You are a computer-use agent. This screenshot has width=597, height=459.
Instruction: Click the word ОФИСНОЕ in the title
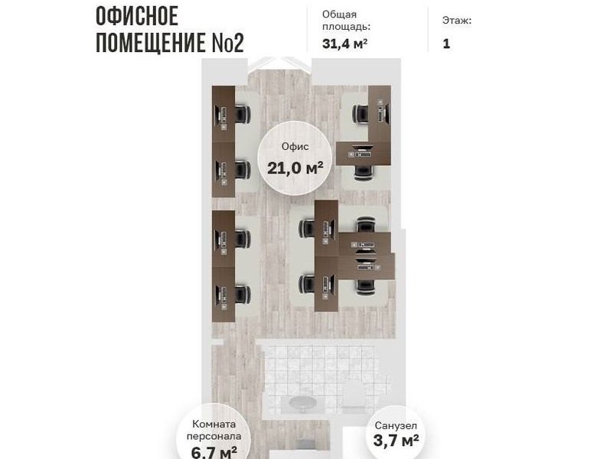(x=137, y=16)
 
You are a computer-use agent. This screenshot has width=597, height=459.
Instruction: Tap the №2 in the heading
(x=227, y=43)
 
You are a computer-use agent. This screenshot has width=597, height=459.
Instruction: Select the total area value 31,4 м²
(x=344, y=44)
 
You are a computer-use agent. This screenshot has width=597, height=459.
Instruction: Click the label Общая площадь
(x=346, y=21)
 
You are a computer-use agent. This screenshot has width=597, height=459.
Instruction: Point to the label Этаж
(x=457, y=20)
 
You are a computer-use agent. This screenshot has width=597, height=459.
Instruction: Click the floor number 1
(x=446, y=44)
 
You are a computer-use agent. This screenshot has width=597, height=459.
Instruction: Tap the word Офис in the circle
(x=295, y=147)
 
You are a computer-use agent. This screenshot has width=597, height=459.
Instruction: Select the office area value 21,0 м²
(x=295, y=168)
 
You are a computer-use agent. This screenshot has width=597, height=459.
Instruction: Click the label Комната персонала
(x=214, y=430)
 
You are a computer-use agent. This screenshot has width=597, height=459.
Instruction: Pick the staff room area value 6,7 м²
(x=214, y=452)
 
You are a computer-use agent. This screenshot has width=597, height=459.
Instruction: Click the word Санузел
(x=396, y=425)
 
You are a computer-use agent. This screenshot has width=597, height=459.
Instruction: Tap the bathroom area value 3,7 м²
(x=396, y=441)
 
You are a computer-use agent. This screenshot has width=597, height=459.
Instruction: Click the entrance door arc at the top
(x=280, y=63)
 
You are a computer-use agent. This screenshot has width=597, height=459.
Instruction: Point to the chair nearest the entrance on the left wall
(x=243, y=114)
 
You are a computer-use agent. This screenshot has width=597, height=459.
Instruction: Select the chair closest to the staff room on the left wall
(x=243, y=295)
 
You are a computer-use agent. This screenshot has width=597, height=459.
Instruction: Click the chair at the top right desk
(x=360, y=114)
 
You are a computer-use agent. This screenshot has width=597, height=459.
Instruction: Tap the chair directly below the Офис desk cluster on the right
(x=364, y=173)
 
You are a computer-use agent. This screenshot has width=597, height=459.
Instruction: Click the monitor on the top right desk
(x=383, y=111)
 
